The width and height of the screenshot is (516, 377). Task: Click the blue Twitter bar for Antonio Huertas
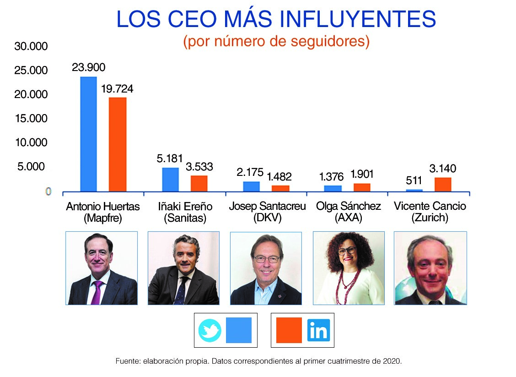coord(88,134)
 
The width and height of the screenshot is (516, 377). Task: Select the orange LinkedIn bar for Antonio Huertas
coord(117,144)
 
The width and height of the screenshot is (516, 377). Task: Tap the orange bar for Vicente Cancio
coord(442,184)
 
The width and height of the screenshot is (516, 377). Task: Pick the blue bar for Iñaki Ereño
coord(170,180)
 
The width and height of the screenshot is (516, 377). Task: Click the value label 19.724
coord(117,89)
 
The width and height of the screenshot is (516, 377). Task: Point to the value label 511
coord(414,180)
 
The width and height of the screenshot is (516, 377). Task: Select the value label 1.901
coord(362,174)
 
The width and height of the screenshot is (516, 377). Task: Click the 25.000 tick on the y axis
coord(31,71)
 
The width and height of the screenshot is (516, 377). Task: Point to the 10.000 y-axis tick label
coord(31,142)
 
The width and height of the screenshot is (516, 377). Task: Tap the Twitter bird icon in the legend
coord(210,330)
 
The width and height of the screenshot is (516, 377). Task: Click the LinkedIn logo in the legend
coord(318,330)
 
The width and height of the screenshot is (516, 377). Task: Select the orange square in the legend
coord(289,330)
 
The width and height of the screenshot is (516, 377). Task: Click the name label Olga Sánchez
coord(348,206)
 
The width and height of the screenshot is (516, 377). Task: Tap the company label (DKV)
coord(267,218)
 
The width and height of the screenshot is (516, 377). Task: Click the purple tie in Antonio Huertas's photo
coord(97,292)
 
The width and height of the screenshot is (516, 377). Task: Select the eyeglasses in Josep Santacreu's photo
coord(267,259)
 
